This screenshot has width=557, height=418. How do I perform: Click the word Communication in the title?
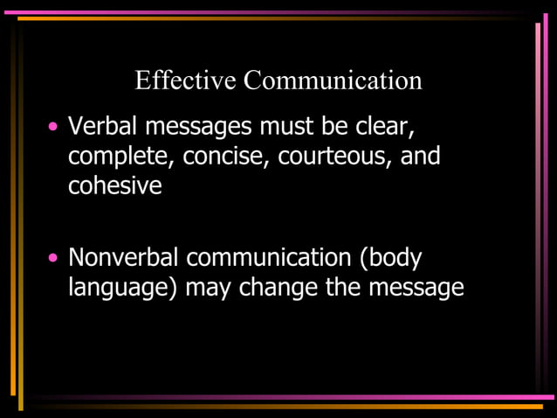click(333, 81)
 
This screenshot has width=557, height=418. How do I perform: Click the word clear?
click(382, 128)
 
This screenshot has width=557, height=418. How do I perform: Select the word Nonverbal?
click(123, 258)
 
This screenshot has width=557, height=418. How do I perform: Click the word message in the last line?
click(416, 289)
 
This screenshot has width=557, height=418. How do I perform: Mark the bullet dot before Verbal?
click(54, 128)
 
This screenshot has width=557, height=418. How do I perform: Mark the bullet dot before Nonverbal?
click(54, 258)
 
